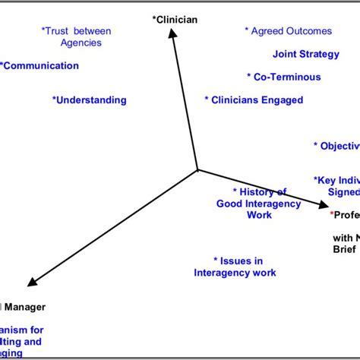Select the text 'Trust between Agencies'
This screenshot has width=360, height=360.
(x=77, y=36)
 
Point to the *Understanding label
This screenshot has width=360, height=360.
(x=89, y=100)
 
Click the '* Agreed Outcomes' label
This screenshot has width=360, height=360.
(x=288, y=31)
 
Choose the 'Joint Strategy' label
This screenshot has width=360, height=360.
(x=302, y=54)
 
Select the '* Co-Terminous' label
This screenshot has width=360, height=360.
(x=283, y=77)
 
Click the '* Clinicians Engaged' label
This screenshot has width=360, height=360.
(x=254, y=100)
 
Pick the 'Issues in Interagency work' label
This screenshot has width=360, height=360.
(x=235, y=267)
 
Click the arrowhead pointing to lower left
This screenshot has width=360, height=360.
(x=19, y=283)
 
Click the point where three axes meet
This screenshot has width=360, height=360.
(x=197, y=169)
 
